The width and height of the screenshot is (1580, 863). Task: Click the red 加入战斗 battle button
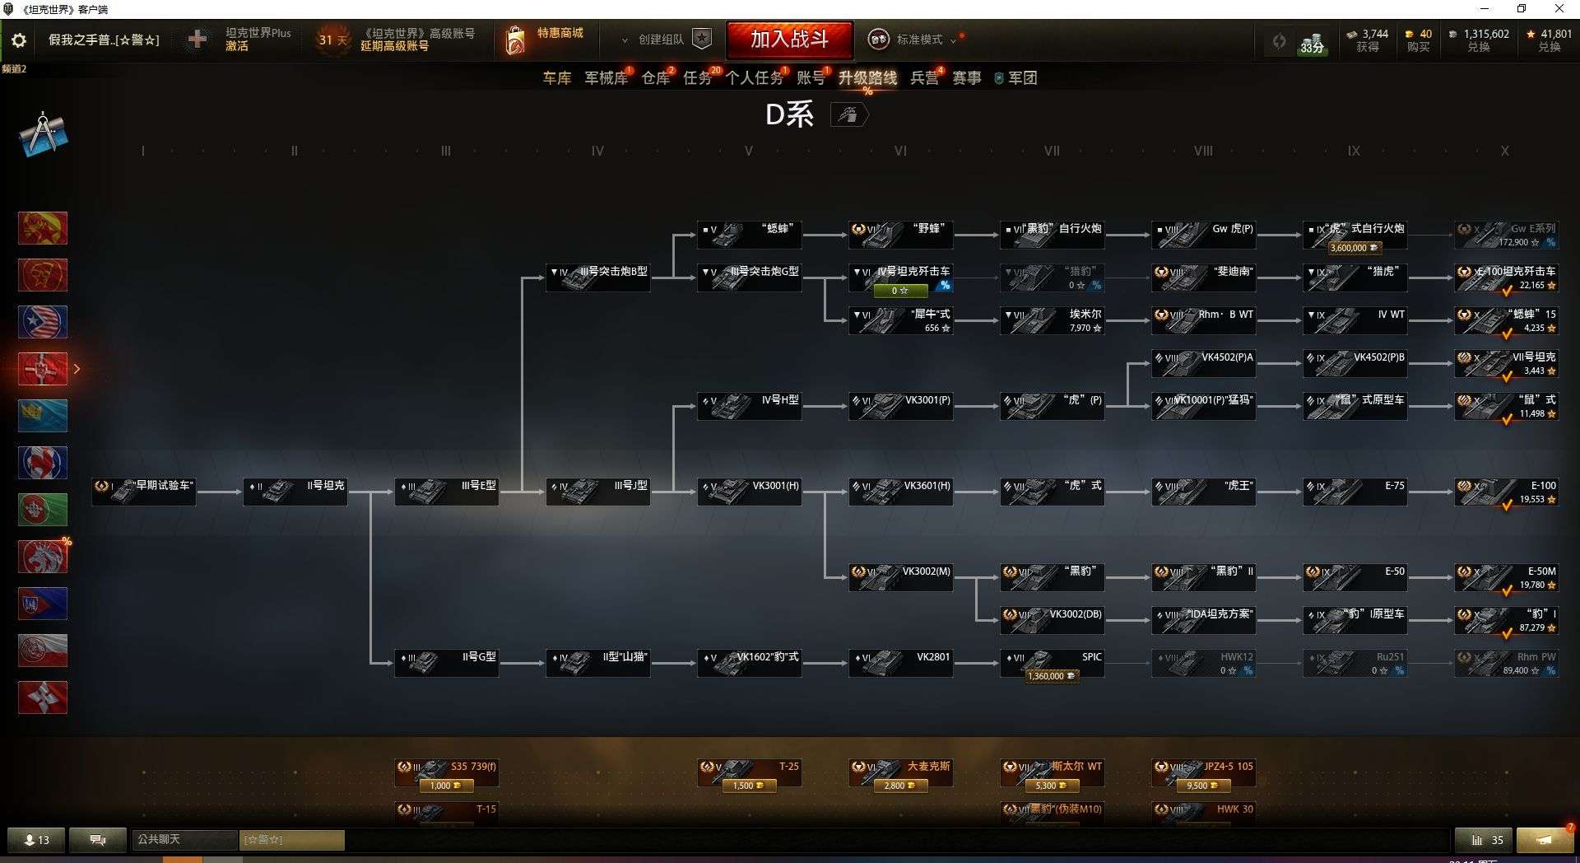(789, 39)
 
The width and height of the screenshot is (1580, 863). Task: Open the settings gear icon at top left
(19, 40)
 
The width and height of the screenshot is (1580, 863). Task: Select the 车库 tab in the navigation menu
(556, 78)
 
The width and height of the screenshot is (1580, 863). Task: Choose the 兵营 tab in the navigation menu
(924, 78)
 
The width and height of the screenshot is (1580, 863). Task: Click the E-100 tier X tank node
(1506, 492)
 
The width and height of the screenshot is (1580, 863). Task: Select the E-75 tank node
(1355, 492)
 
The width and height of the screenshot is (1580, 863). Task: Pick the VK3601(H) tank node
(900, 492)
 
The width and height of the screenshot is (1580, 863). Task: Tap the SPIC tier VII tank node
(1052, 660)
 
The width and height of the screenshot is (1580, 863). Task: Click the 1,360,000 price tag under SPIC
(1051, 676)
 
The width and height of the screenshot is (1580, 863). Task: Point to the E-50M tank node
(1506, 577)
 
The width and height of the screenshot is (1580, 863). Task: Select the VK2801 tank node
(900, 663)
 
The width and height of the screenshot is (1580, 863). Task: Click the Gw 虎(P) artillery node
(1203, 235)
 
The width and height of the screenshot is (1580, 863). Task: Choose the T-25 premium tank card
(749, 772)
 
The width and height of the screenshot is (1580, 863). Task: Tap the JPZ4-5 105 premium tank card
(1203, 772)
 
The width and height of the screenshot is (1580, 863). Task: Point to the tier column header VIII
(1203, 152)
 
